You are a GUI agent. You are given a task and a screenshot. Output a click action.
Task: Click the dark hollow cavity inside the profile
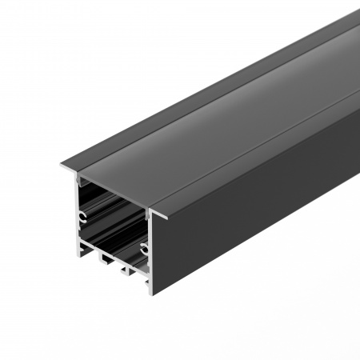(x=112, y=216)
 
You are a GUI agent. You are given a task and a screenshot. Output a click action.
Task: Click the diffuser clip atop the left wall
(x=79, y=180)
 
